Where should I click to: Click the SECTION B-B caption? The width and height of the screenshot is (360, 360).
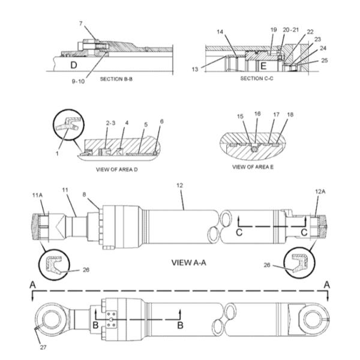click(116, 79)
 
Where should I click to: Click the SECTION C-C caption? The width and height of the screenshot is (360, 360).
click(257, 79)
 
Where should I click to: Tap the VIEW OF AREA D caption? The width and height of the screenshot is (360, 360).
click(117, 170)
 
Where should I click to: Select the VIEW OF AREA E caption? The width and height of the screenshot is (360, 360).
click(253, 167)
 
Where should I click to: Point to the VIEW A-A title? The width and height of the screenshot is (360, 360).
click(189, 262)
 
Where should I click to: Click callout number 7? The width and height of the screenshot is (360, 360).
click(81, 23)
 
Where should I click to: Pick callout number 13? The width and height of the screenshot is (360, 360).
click(195, 69)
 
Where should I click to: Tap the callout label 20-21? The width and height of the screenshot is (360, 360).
click(290, 29)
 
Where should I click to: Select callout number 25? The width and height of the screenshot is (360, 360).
click(325, 61)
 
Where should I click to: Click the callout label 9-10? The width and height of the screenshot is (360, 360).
click(78, 81)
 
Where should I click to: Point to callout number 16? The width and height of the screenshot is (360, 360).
click(257, 113)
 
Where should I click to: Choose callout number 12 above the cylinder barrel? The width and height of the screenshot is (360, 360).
click(179, 185)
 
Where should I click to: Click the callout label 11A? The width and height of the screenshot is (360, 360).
click(37, 196)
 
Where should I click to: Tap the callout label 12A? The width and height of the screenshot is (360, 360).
click(320, 191)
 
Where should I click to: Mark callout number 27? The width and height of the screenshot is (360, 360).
click(43, 347)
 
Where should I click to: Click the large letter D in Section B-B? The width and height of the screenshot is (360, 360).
click(73, 65)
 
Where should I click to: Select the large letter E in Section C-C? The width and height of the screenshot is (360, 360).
click(263, 66)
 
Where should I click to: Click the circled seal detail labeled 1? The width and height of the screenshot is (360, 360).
click(68, 125)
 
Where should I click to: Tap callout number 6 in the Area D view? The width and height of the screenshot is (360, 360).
click(161, 121)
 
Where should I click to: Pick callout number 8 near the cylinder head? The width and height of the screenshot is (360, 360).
click(84, 194)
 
